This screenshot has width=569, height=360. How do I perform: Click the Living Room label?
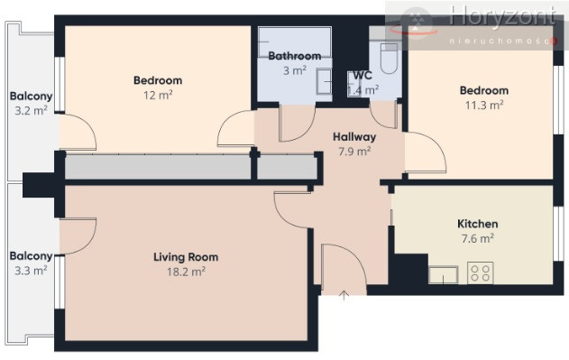tap(186, 257)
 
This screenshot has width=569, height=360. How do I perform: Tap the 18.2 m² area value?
tap(186, 272)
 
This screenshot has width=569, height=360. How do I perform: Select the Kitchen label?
tap(478, 224)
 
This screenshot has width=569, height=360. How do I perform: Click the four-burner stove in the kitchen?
tap(480, 272)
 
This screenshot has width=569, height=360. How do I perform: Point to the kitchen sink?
tap(443, 274)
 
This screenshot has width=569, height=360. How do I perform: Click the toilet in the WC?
tap(389, 59)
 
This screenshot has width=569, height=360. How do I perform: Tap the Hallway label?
tap(354, 137)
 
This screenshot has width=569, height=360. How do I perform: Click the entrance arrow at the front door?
tap(344, 295)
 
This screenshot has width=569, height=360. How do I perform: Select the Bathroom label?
tap(295, 56)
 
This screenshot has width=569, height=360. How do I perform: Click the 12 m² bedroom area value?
tap(158, 95)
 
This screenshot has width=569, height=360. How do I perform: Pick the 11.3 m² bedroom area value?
tap(484, 106)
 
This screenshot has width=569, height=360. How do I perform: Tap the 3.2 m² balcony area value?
tap(31, 110)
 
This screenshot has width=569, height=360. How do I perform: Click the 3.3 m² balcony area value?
tap(31, 271)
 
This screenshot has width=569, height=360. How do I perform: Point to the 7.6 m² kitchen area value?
tap(478, 239)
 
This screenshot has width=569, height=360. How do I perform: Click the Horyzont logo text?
tap(502, 16)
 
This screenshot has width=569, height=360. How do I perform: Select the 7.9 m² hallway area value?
tap(354, 151)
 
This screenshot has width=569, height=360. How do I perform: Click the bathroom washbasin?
tap(324, 81)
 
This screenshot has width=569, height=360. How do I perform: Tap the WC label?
tap(363, 76)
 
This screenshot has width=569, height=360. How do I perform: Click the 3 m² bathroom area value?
tap(295, 70)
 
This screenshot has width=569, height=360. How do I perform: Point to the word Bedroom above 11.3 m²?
tap(484, 90)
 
